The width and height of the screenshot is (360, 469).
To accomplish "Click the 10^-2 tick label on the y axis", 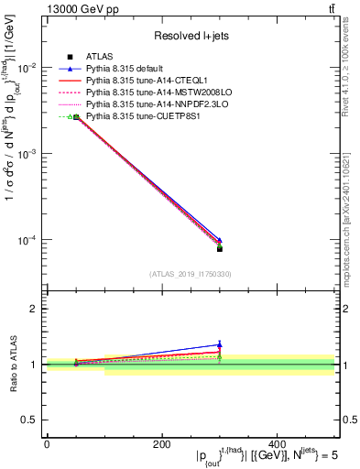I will (x=27, y=68).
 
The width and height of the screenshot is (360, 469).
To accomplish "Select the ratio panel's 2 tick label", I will (x=36, y=309).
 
